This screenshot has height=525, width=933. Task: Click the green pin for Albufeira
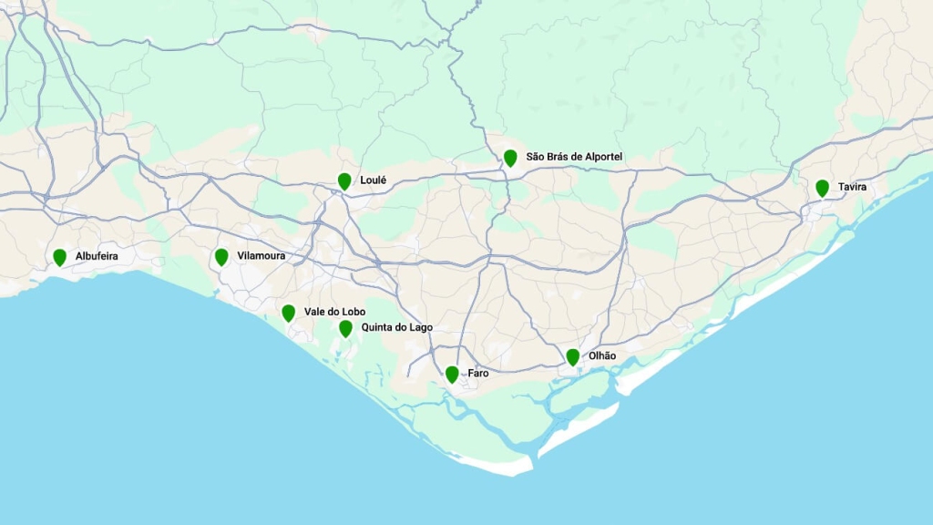(x=59, y=257)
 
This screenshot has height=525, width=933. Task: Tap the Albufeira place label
(x=97, y=256)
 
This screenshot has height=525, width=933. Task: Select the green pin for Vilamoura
(x=221, y=257)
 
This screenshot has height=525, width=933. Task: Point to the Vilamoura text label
(x=261, y=256)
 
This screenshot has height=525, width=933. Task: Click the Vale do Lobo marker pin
(x=289, y=313)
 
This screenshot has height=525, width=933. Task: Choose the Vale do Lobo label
(x=334, y=312)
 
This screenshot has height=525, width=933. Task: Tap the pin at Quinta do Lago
(x=345, y=328)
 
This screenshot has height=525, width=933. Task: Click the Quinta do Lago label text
(x=396, y=327)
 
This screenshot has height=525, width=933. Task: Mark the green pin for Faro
(x=452, y=374)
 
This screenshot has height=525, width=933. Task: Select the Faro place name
(x=477, y=374)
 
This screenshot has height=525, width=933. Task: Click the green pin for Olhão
(x=572, y=356)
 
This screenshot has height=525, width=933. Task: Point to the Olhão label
(x=602, y=355)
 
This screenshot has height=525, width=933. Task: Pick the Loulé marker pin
(x=344, y=180)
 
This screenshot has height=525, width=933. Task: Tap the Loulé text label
(x=373, y=180)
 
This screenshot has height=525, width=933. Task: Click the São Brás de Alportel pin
(x=510, y=158)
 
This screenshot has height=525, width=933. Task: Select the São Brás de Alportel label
(x=574, y=157)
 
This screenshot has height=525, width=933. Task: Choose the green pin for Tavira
(x=822, y=188)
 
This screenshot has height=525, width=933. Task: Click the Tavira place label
(x=852, y=187)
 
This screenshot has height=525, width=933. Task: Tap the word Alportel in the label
(x=601, y=157)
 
